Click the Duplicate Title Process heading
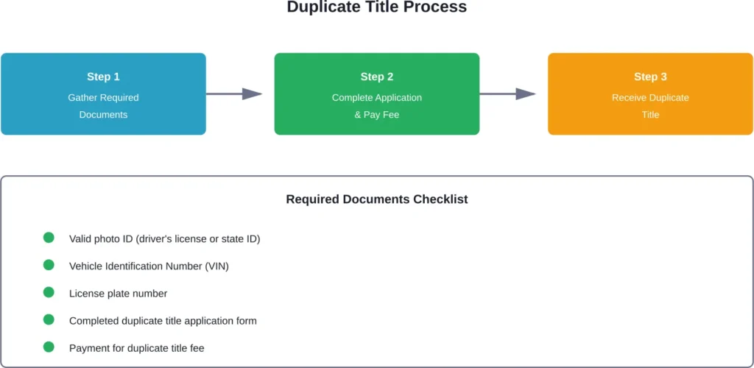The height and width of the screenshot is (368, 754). pos(376,8)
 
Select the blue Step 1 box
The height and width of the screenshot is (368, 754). pos(103,93)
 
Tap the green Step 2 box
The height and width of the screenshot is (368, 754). pos(376,93)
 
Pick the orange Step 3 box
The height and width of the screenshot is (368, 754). pos(650,93)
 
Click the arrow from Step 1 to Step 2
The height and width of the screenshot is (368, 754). pos(234,94)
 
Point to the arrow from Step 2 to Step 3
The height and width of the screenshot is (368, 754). pos(507,94)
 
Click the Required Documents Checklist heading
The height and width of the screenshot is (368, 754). pos(376,199)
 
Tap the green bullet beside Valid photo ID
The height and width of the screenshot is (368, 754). pos(49,238)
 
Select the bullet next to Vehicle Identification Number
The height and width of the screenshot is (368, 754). pos(49,265)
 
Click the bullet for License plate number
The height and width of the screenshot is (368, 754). pos(49,292)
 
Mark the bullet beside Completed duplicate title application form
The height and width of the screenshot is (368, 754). pos(49,319)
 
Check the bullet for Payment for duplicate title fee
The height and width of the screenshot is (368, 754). pos(49,347)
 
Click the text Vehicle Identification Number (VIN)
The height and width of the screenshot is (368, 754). pos(149,266)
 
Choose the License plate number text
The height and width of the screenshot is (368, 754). pos(118,294)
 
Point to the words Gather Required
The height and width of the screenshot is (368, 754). pos(103,97)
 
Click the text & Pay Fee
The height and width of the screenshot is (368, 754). pos(376,115)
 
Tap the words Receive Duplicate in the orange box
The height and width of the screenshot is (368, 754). pos(650,97)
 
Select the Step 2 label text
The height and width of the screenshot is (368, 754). pos(376,77)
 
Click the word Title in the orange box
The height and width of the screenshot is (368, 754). pos(650,115)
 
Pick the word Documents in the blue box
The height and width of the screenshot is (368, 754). pos(103,115)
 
